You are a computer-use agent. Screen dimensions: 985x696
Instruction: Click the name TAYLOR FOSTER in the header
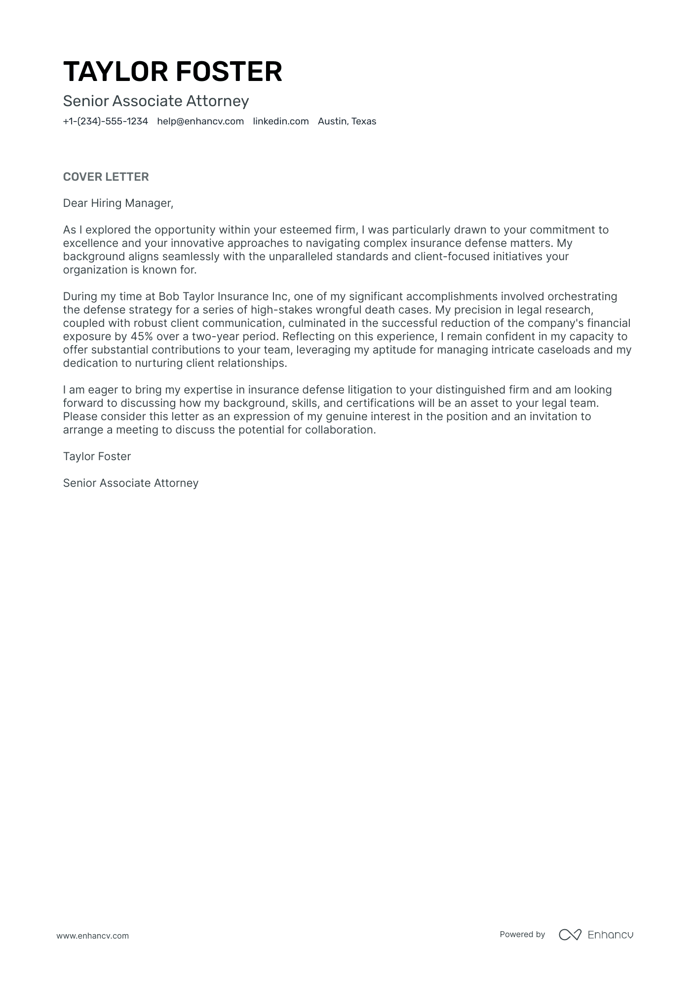[x=172, y=72]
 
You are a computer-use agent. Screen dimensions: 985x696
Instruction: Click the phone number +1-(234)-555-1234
[x=105, y=121]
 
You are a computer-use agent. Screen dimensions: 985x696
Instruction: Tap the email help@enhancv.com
[x=200, y=121]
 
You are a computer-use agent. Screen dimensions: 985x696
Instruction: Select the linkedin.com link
[x=280, y=121]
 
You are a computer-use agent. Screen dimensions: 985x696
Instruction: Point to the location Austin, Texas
[x=347, y=121]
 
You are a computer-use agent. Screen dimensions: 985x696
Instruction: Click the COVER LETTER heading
[x=106, y=177]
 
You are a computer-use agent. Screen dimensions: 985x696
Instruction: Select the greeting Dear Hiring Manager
[x=118, y=203]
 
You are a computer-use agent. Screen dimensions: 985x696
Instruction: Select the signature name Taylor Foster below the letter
[x=97, y=457]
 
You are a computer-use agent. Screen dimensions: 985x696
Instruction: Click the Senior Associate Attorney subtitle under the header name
[x=156, y=101]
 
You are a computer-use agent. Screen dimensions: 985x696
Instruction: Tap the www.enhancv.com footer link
[x=92, y=936]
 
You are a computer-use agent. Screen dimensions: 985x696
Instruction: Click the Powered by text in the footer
[x=522, y=934]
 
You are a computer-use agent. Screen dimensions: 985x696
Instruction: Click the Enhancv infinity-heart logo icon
[x=570, y=934]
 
